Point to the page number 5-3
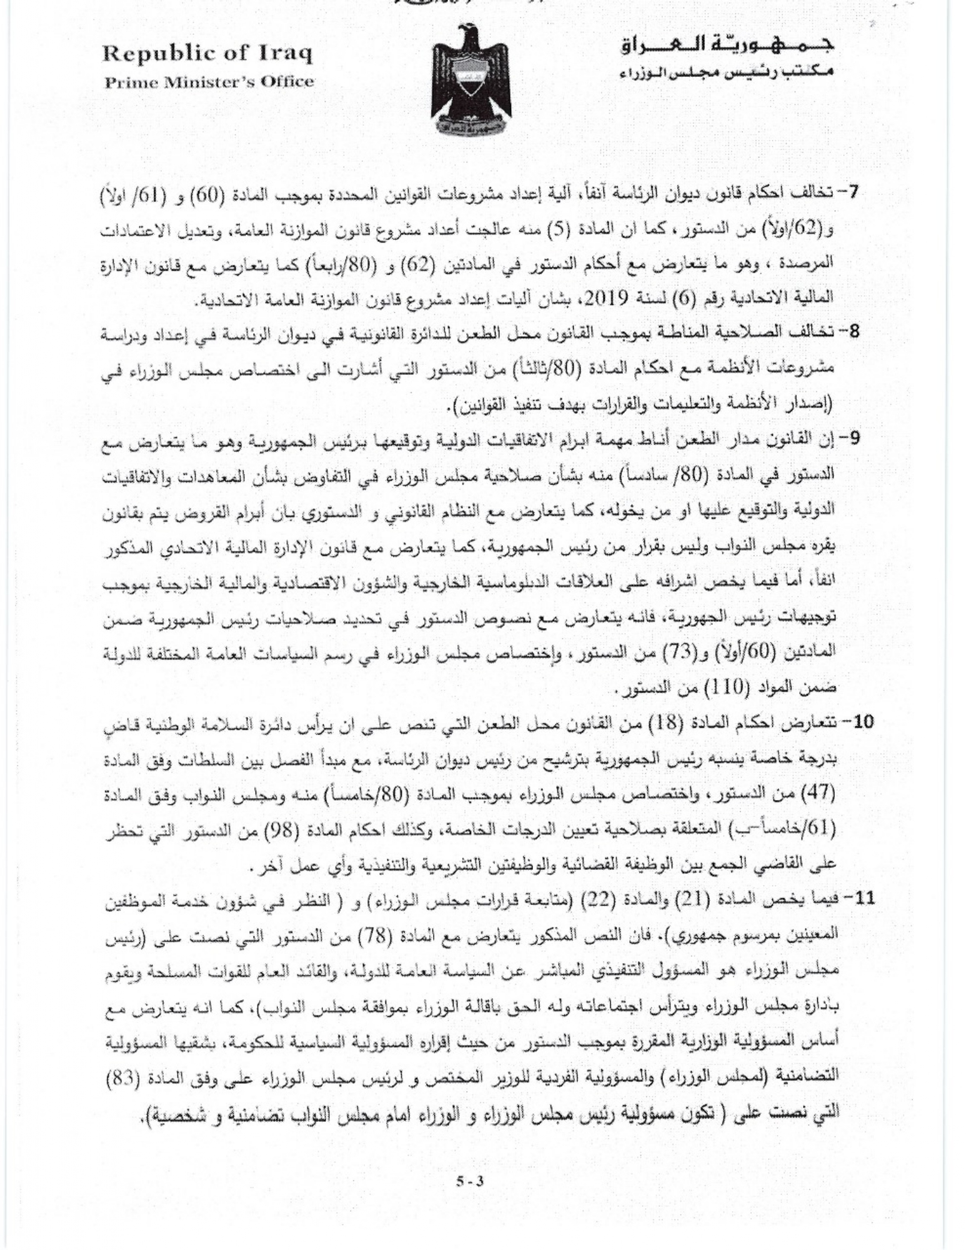point(470,1182)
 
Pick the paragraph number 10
point(848,722)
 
